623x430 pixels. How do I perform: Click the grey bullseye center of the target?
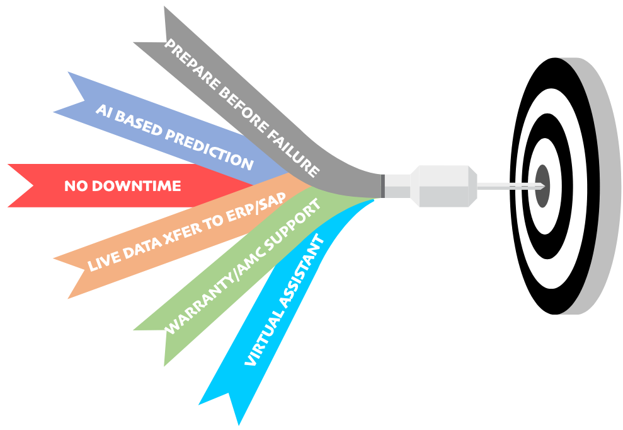542,185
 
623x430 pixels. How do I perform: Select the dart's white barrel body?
441,185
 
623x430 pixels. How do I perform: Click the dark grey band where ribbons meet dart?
382,185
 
